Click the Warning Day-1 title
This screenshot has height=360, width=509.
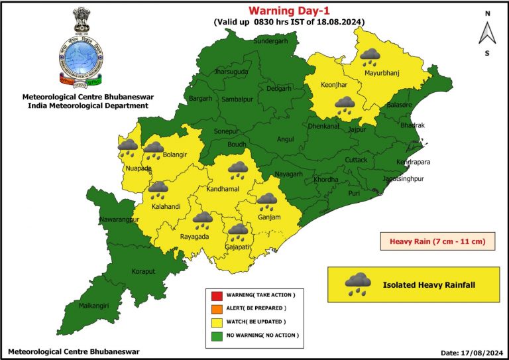click(x=288, y=10)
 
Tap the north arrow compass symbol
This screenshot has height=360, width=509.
click(x=486, y=32)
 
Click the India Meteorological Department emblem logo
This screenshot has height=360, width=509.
click(x=83, y=48)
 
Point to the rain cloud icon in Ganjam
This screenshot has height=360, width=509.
click(x=267, y=201)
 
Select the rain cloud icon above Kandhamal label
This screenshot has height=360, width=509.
click(x=238, y=170)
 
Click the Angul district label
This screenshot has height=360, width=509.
click(x=285, y=139)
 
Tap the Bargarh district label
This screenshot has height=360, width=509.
click(x=201, y=99)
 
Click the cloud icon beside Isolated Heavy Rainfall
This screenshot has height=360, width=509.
click(x=358, y=284)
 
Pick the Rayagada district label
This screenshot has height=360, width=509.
click(x=195, y=237)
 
